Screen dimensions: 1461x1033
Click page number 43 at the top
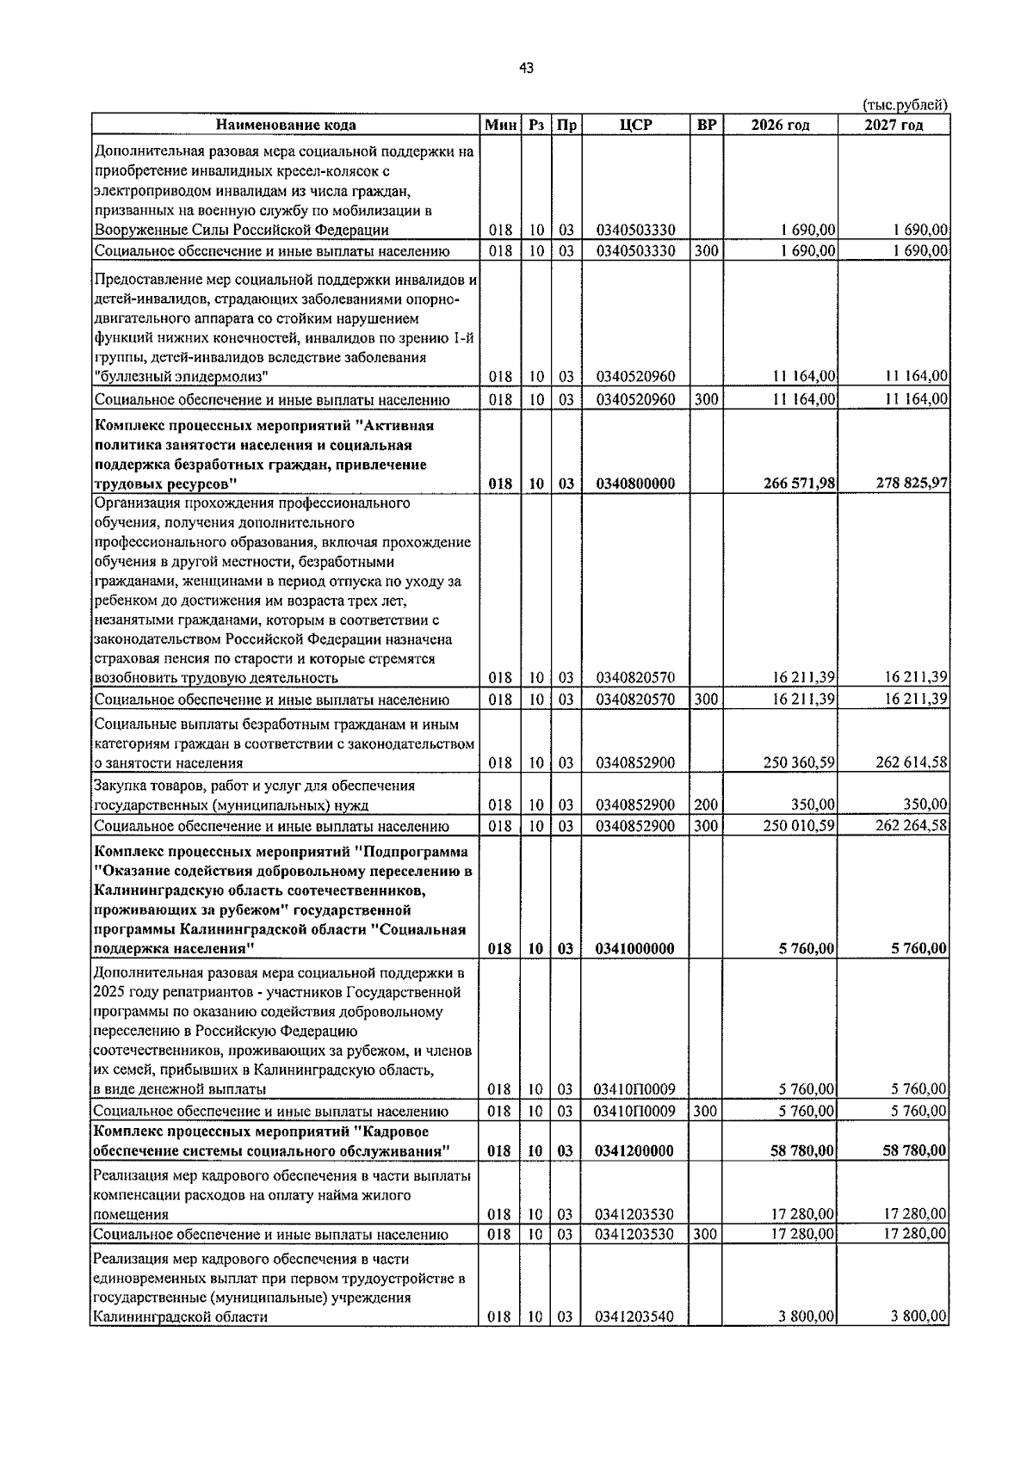(x=526, y=68)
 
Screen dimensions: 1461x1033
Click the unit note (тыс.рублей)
(x=905, y=104)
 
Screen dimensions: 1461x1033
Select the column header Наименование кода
(x=285, y=126)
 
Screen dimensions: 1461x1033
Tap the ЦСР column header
(x=635, y=125)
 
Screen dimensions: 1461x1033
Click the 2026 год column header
(x=780, y=126)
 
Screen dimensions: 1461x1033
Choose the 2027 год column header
(x=894, y=126)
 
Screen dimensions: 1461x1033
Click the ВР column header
(x=706, y=125)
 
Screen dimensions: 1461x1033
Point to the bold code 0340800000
(x=635, y=484)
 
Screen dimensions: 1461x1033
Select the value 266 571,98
(x=799, y=484)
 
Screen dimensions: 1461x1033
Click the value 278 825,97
(x=912, y=484)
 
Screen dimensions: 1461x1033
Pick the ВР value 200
(x=706, y=804)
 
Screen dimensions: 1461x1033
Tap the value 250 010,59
(x=800, y=826)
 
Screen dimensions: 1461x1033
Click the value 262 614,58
(x=912, y=762)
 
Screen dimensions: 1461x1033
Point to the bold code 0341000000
(x=635, y=949)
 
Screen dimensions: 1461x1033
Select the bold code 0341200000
(x=635, y=1151)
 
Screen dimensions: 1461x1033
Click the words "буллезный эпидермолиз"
(x=180, y=376)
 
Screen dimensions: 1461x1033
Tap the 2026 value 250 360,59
(x=800, y=762)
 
